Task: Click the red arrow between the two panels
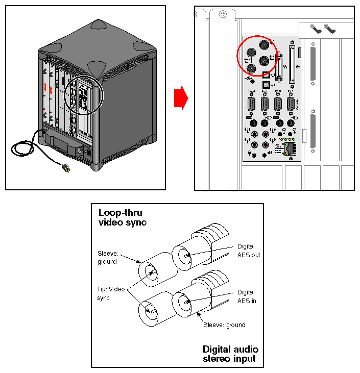[179, 98]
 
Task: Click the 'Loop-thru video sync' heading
[123, 217]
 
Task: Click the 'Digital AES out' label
[248, 251]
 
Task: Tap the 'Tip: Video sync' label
[110, 293]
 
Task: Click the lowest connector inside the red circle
[264, 61]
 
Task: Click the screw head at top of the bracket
[222, 15]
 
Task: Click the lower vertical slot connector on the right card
[313, 134]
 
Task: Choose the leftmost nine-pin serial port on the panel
[251, 105]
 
